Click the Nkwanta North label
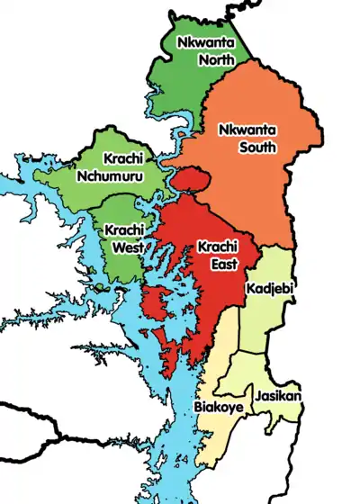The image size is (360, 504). (x=205, y=51)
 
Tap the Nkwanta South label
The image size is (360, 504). (x=247, y=138)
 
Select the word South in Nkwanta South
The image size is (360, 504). (x=256, y=147)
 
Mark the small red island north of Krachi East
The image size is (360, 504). (x=189, y=180)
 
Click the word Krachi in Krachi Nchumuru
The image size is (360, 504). (x=122, y=157)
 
